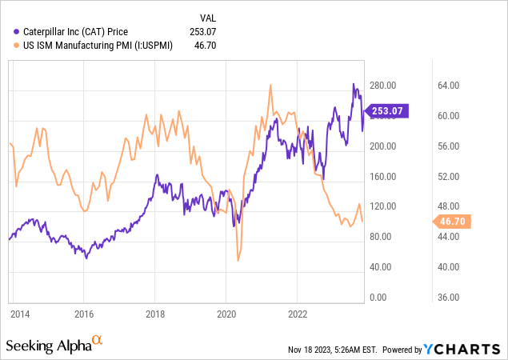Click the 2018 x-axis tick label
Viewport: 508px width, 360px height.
pos(155,313)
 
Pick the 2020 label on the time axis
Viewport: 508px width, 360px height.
pos(226,313)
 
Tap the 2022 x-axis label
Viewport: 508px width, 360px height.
pos(298,313)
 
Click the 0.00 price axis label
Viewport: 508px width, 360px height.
pos(378,297)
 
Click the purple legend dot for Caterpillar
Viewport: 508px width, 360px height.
pos(18,31)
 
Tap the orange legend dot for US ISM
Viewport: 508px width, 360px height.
pos(18,46)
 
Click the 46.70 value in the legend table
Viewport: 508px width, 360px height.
pos(206,46)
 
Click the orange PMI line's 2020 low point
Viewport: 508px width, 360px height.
pos(238,260)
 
